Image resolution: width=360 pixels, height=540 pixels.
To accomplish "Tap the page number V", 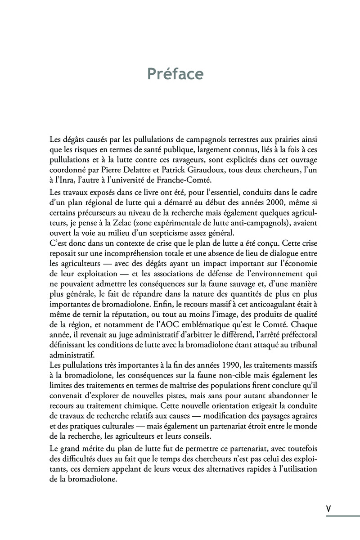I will (328, 508).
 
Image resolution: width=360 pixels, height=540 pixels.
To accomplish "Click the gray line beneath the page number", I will (342, 516).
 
